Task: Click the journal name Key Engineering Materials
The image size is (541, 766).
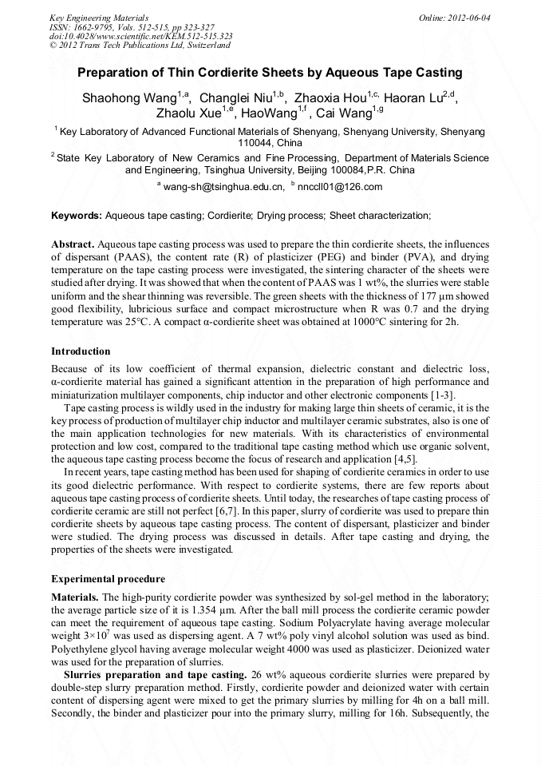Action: coord(99,17)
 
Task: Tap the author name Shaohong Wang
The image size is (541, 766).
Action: coord(129,98)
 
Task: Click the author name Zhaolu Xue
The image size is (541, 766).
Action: coord(190,113)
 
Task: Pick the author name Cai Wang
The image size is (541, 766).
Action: coord(345,113)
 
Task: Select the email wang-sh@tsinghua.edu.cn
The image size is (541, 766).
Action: coord(224,187)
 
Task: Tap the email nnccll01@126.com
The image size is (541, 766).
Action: coord(340,187)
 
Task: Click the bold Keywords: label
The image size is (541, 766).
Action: coord(77,216)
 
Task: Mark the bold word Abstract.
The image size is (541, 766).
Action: coord(73,243)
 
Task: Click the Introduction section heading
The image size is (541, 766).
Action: coord(81,351)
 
